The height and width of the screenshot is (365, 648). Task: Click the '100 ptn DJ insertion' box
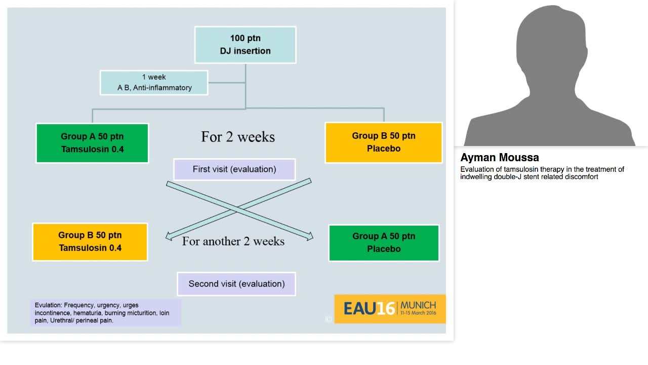245,45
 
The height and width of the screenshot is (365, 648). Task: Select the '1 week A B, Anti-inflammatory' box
154,83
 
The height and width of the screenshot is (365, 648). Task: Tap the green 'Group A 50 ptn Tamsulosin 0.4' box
92,143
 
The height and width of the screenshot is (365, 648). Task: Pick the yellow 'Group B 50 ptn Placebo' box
383,142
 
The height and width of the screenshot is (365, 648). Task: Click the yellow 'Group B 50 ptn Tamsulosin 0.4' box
90,242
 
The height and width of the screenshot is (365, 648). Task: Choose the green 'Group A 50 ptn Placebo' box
383,243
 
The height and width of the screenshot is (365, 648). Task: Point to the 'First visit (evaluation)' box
234,169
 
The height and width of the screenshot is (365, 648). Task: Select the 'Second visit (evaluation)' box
236,284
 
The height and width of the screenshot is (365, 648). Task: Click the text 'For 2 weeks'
237,137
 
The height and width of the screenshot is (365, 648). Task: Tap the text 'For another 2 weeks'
233,241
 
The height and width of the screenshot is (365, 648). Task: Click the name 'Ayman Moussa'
499,158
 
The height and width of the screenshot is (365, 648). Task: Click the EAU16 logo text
369,308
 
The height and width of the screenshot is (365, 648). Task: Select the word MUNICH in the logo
418,305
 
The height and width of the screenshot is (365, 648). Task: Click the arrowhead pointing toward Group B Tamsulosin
170,236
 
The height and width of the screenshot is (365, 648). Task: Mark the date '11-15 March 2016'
418,313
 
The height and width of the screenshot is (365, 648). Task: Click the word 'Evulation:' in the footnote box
48,305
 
